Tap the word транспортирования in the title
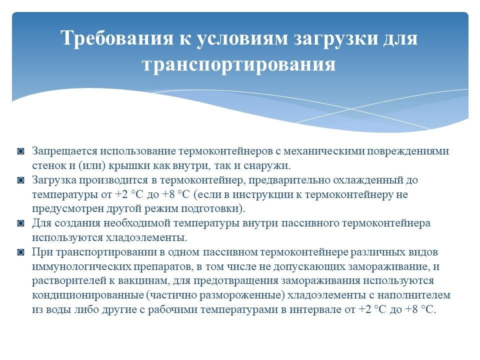click(239, 64)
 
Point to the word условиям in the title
click(242, 39)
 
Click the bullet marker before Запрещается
click(21, 151)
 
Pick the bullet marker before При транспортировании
click(21, 252)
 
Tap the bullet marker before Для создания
click(21, 223)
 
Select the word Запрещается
click(65, 151)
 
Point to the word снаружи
click(267, 165)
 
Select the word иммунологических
click(81, 266)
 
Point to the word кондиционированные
click(88, 295)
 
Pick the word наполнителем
click(414, 295)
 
